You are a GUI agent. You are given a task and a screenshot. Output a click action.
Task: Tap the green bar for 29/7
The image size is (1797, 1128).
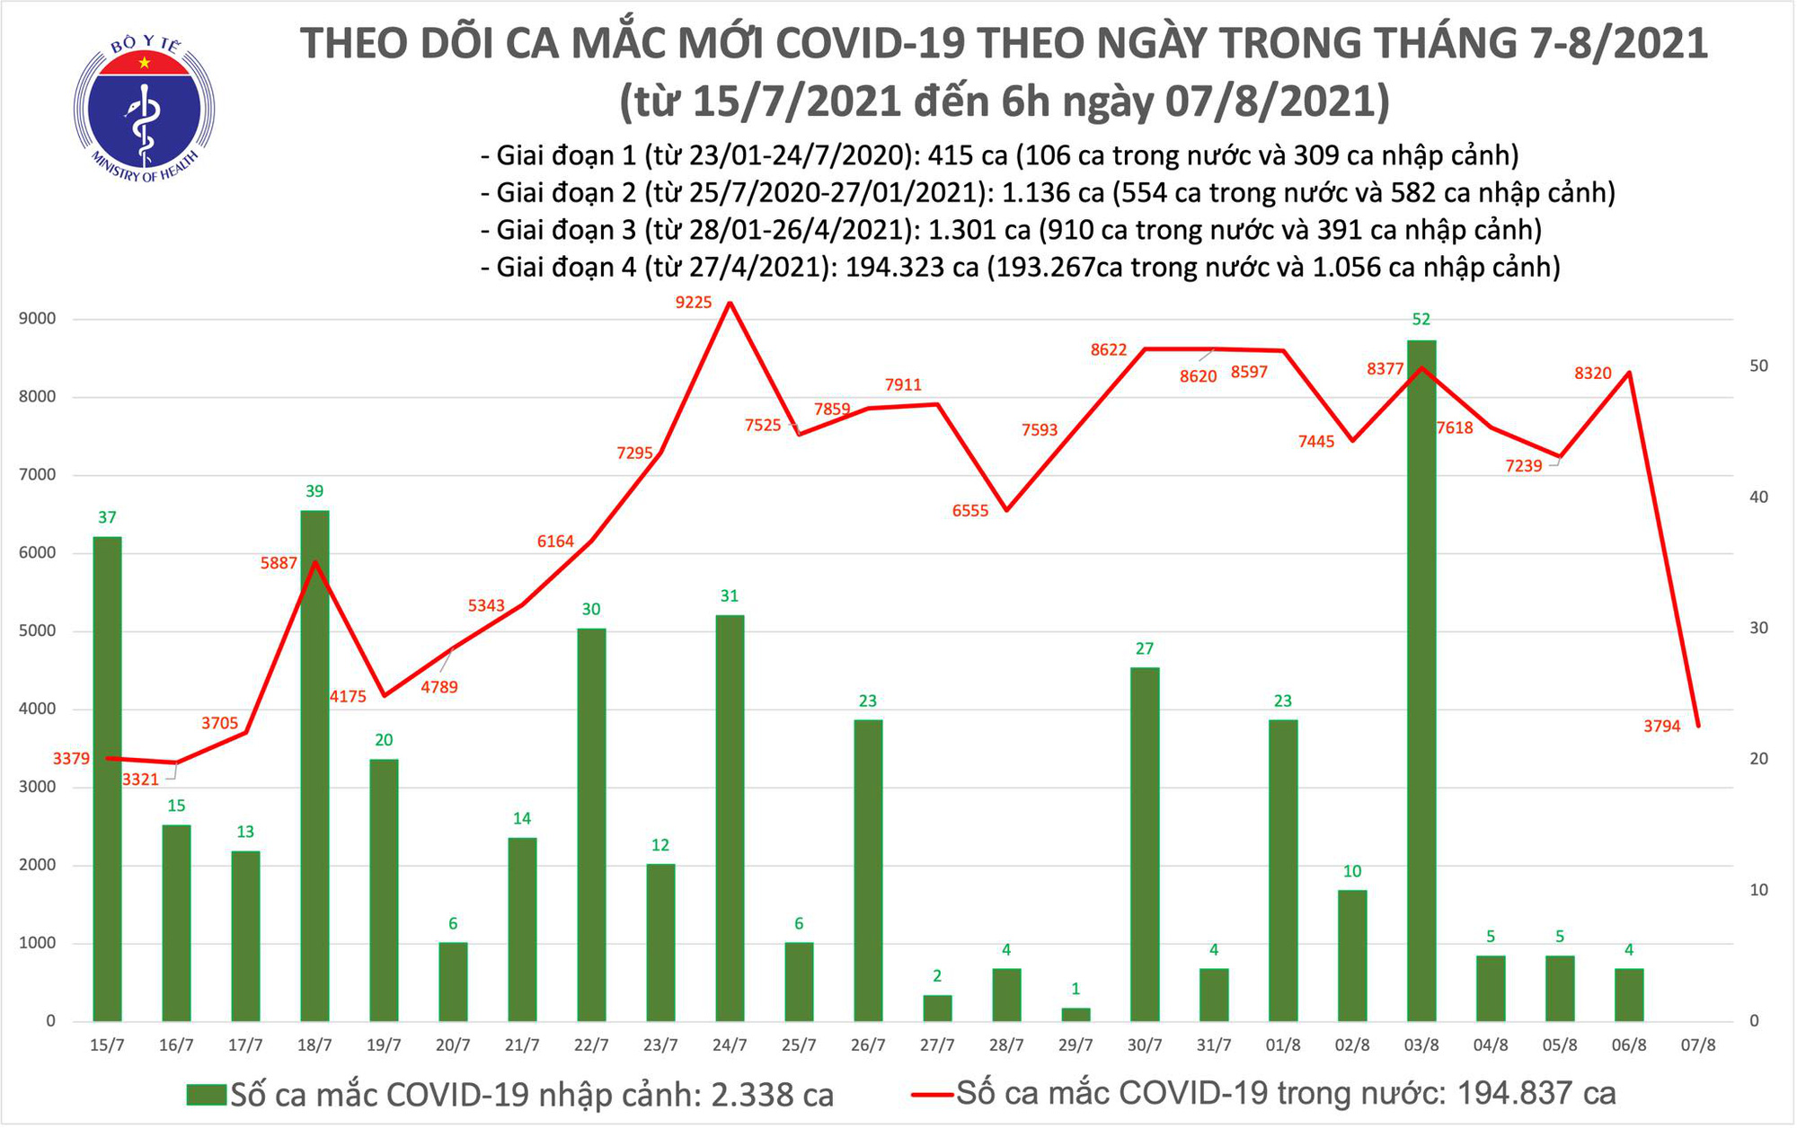pyautogui.click(x=1076, y=1015)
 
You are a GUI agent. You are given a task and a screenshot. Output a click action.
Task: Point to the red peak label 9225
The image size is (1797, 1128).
pyautogui.click(x=694, y=303)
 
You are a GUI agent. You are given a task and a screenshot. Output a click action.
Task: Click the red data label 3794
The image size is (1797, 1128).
pyautogui.click(x=1662, y=727)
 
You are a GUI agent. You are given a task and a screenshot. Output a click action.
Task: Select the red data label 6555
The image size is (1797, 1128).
pyautogui.click(x=970, y=511)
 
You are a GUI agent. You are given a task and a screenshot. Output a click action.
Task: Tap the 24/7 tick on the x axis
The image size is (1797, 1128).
pyautogui.click(x=730, y=1046)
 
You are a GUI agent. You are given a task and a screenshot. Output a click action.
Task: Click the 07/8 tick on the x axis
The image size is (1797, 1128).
pyautogui.click(x=1698, y=1046)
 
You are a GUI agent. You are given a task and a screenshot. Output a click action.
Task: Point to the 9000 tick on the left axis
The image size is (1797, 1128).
pyautogui.click(x=37, y=319)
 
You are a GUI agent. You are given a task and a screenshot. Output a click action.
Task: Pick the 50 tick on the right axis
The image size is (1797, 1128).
pyautogui.click(x=1758, y=366)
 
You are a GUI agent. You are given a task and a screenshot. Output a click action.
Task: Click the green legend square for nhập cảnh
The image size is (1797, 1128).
pyautogui.click(x=206, y=1095)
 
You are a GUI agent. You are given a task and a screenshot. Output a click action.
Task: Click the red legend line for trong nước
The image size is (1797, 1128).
pyautogui.click(x=932, y=1095)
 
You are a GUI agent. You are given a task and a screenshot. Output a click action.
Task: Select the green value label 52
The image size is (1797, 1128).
pyautogui.click(x=1421, y=320)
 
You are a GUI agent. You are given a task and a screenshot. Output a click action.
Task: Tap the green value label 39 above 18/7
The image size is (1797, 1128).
pyautogui.click(x=314, y=491)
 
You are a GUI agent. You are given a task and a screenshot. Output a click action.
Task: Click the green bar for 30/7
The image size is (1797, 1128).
pyautogui.click(x=1145, y=844)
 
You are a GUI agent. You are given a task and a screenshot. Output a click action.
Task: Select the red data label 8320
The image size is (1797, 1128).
pyautogui.click(x=1593, y=374)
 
